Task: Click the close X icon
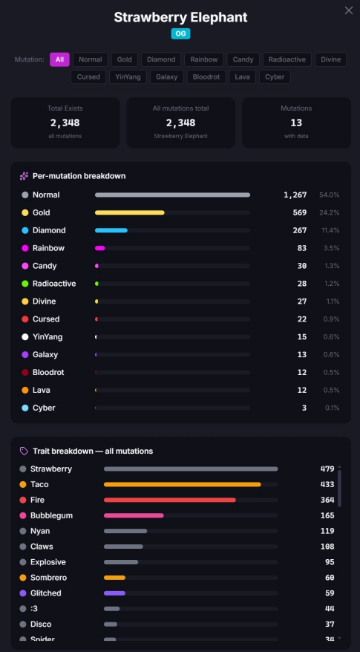[x=348, y=11]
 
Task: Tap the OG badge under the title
[x=180, y=33]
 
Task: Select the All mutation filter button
[x=59, y=59]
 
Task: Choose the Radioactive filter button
[x=287, y=59]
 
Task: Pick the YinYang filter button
[x=128, y=77]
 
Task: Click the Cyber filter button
[x=275, y=77]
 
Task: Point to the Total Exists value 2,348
[x=65, y=123]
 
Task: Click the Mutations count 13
[x=296, y=123]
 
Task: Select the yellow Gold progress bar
[x=130, y=212]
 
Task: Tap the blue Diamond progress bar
[x=111, y=230]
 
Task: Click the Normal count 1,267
[x=295, y=195]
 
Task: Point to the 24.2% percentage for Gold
[x=330, y=212]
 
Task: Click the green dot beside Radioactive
[x=25, y=284]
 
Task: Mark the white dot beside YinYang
[x=25, y=337]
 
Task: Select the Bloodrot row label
[x=48, y=372]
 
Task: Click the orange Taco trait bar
[x=182, y=484]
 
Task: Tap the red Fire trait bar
[x=169, y=500]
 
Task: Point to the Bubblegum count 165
[x=327, y=515]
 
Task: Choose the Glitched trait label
[x=46, y=593]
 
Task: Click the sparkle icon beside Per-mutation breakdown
[x=24, y=176]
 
